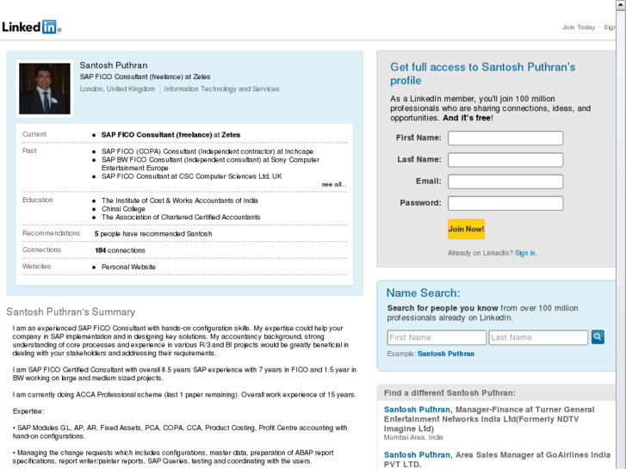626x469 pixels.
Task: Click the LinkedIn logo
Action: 30,27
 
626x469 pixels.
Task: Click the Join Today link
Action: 578,28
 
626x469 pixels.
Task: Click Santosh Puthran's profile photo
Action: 45,89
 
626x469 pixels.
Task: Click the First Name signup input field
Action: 505,139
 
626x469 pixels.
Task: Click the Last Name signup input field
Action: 505,160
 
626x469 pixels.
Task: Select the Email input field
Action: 505,182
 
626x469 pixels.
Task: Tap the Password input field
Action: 505,204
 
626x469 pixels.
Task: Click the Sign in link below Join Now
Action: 525,253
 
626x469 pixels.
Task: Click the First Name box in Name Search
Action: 437,337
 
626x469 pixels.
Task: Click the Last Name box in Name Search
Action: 538,337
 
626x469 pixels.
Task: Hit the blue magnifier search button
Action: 598,337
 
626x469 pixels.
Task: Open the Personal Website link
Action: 128,267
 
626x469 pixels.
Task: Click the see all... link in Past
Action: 334,184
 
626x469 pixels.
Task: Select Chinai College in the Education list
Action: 124,209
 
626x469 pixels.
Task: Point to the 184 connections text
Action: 120,250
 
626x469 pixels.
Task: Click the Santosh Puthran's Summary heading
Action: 71,312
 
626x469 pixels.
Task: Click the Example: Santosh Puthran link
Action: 445,354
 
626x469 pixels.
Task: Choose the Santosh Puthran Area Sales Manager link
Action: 417,454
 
